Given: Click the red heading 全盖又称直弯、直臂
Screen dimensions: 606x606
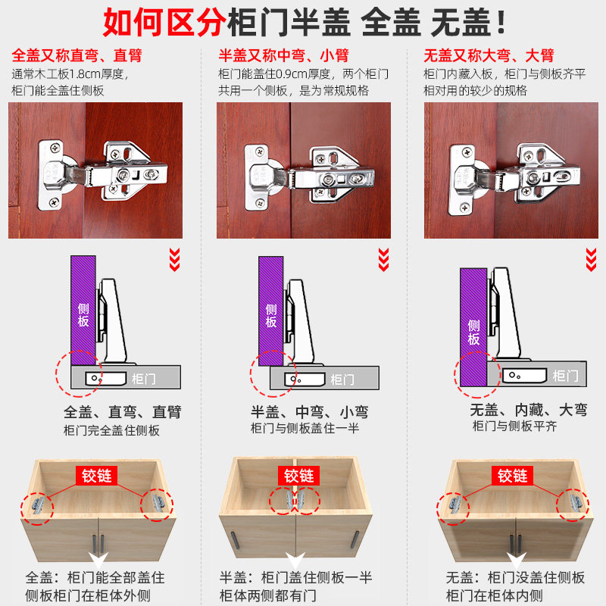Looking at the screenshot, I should pyautogui.click(x=77, y=56).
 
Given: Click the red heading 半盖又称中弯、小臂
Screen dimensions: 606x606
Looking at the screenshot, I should pyautogui.click(x=284, y=56).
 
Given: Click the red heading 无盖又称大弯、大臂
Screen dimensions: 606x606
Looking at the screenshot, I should pyautogui.click(x=489, y=56).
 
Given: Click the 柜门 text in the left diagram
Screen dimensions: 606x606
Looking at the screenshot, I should pyautogui.click(x=143, y=378).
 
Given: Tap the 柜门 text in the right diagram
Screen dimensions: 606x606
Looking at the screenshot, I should pyautogui.click(x=564, y=376).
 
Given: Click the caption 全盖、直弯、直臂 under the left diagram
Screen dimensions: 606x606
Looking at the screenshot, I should pyautogui.click(x=123, y=412).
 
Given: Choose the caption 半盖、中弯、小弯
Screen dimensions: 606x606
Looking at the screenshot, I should pyautogui.click(x=310, y=412).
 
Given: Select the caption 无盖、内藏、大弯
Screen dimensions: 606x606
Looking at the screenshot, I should pyautogui.click(x=528, y=411).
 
